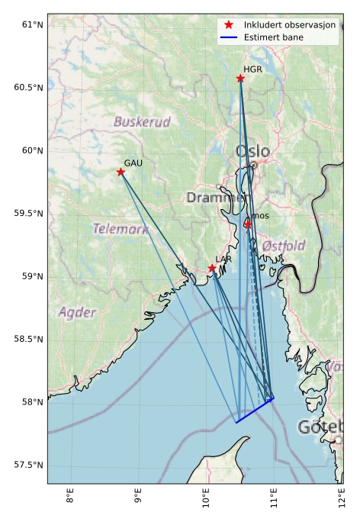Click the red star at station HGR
[x=240, y=79]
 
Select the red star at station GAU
[x=121, y=172]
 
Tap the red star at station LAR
[x=212, y=268]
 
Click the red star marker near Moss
[x=248, y=224]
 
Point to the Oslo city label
[x=252, y=151]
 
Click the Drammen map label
[x=217, y=198]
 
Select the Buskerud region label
[x=142, y=121]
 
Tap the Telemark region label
[x=121, y=228]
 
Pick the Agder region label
[x=77, y=312]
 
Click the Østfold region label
[x=283, y=246]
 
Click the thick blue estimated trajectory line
[x=254, y=411]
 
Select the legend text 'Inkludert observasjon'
[x=289, y=25]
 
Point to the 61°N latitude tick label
[x=31, y=24]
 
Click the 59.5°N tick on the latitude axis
[x=28, y=213]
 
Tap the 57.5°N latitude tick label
[x=28, y=465]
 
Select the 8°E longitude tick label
[x=71, y=499]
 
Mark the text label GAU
[x=133, y=163]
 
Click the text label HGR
[x=252, y=69]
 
